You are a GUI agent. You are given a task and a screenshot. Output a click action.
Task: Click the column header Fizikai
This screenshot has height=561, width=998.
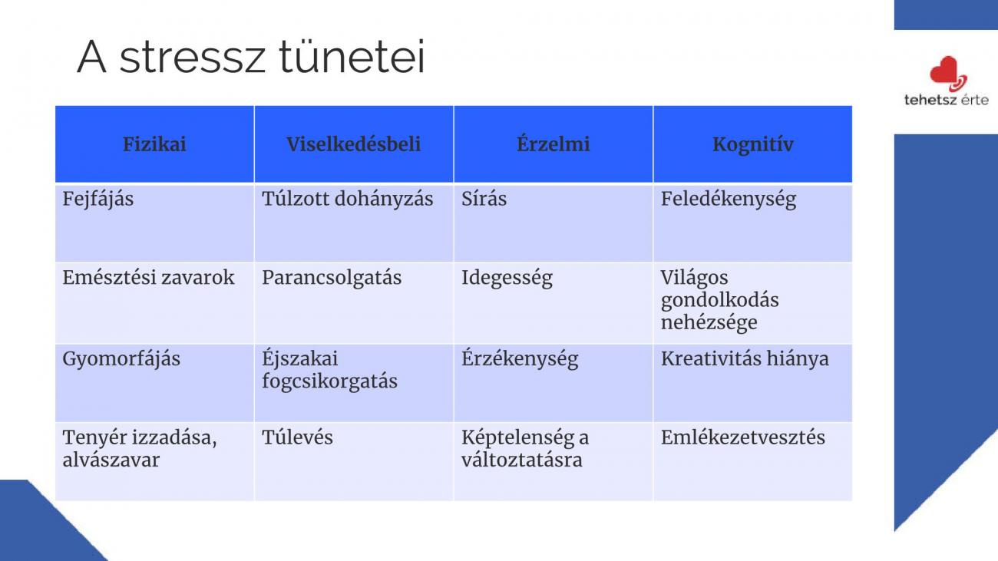pyautogui.click(x=154, y=144)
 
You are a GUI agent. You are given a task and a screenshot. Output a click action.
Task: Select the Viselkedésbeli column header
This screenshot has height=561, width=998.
pyautogui.click(x=353, y=144)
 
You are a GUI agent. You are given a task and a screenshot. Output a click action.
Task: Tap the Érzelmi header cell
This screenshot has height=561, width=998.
pyautogui.click(x=553, y=144)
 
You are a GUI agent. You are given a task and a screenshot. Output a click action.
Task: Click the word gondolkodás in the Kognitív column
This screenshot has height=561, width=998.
pyautogui.click(x=719, y=301)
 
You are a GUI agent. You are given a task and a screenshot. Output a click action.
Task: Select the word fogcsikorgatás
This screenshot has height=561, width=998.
pyautogui.click(x=329, y=382)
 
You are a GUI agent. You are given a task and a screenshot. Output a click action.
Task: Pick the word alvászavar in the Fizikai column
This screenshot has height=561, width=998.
pyautogui.click(x=111, y=460)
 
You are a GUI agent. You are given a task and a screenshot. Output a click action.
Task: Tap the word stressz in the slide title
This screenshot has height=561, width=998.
pyautogui.click(x=193, y=57)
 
